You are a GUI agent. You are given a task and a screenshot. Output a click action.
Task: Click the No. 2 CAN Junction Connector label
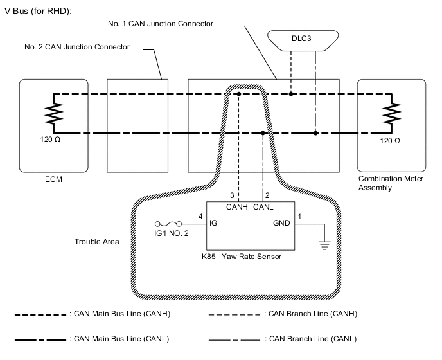coord(77,47)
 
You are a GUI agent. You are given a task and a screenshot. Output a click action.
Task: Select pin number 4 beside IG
coord(201,217)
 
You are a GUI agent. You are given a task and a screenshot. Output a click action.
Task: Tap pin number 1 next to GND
coord(298,217)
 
